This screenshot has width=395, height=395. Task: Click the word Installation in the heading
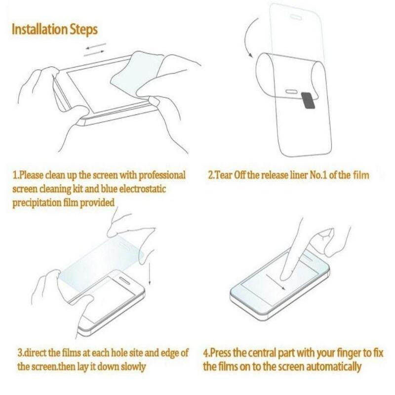coord(40,29)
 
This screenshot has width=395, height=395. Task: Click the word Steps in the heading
coord(83,29)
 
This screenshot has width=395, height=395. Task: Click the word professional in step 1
coord(158,176)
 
